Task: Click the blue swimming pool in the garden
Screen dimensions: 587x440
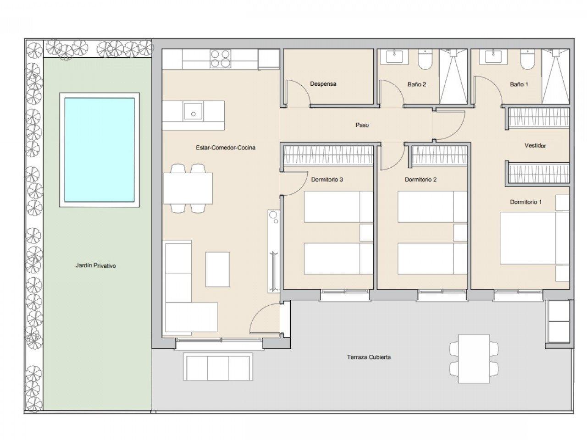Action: pyautogui.click(x=99, y=150)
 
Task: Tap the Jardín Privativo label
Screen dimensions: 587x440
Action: pyautogui.click(x=96, y=265)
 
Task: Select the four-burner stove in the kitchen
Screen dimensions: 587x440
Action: pyautogui.click(x=221, y=59)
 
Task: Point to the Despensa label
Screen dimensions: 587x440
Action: pyautogui.click(x=323, y=84)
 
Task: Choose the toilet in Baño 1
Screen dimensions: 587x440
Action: pyautogui.click(x=527, y=60)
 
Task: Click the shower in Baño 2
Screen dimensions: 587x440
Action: pyautogui.click(x=453, y=77)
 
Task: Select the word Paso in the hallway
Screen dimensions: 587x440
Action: pyautogui.click(x=362, y=125)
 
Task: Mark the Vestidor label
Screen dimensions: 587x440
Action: pyautogui.click(x=535, y=146)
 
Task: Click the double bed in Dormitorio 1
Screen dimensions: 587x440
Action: pyautogui.click(x=535, y=238)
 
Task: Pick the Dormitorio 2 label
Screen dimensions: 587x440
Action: pyautogui.click(x=421, y=180)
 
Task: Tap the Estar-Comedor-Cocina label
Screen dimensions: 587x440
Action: pyautogui.click(x=226, y=148)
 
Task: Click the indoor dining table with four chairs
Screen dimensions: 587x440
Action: pyautogui.click(x=188, y=188)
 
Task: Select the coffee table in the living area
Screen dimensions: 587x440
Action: pyautogui.click(x=217, y=269)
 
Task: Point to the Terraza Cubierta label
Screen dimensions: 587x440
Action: pyautogui.click(x=369, y=357)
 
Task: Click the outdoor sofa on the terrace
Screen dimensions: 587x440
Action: pyautogui.click(x=218, y=367)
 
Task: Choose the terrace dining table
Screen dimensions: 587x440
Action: pyautogui.click(x=474, y=359)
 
